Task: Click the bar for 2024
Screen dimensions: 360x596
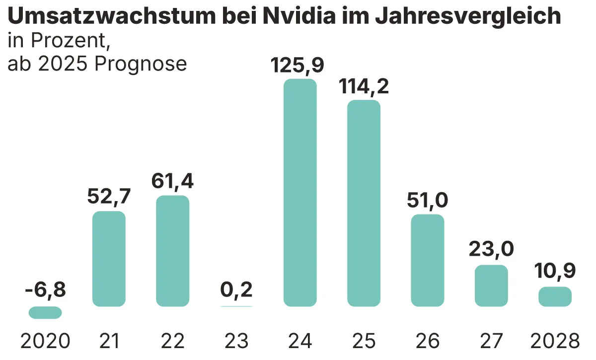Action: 300,193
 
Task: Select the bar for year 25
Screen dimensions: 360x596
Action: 364,203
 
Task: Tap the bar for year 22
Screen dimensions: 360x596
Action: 173,251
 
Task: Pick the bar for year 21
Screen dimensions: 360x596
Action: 109,259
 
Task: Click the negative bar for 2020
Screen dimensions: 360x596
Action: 45,312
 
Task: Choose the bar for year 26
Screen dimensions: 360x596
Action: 428,260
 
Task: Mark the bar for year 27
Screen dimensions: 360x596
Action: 491,286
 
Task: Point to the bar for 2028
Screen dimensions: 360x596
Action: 555,296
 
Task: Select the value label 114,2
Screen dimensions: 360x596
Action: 364,86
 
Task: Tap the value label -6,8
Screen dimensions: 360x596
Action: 45,289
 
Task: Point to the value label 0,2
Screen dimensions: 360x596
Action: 236,289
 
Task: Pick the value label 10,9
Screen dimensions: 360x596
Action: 555,271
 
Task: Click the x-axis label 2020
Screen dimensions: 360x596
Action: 45,341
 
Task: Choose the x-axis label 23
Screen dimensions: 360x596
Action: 236,341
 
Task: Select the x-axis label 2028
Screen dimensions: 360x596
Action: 555,341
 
